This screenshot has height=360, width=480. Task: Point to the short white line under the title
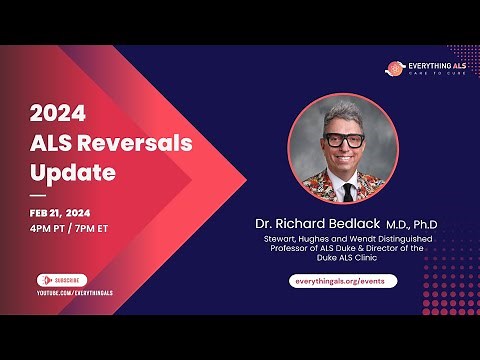pos(38,194)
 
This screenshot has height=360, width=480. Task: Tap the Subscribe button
pos(62,280)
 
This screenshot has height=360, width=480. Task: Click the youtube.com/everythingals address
pos(76,292)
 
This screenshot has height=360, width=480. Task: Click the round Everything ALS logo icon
pos(396,69)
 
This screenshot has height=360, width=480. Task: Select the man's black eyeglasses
pos(343,140)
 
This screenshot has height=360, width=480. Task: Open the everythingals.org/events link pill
pos(343,281)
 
